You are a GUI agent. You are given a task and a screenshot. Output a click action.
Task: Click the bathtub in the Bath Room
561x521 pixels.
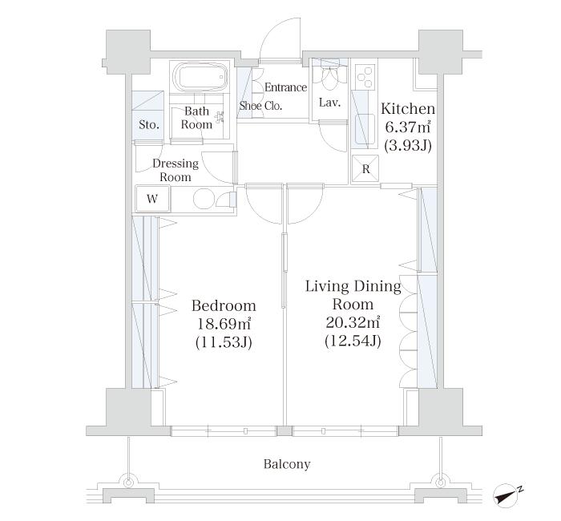(200, 77)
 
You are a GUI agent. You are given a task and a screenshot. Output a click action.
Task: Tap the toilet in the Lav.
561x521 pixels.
(330, 78)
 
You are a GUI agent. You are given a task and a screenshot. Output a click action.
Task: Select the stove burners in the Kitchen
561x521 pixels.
(365, 76)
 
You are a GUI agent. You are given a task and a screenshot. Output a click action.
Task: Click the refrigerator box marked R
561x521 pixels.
(365, 169)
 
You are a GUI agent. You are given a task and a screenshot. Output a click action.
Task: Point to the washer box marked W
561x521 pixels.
(153, 199)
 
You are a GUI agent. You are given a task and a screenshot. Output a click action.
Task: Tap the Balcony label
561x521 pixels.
(287, 464)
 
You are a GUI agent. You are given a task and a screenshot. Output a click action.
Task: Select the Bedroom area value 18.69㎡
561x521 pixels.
(224, 324)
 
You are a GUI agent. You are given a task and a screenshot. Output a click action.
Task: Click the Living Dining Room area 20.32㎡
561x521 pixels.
(353, 322)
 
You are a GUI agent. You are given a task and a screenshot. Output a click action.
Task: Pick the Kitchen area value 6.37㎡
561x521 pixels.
(408, 127)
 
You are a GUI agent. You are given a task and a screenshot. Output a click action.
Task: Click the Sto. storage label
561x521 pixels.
(149, 125)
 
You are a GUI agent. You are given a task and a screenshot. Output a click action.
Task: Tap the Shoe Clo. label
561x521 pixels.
(260, 106)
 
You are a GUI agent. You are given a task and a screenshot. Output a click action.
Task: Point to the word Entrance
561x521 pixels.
(285, 87)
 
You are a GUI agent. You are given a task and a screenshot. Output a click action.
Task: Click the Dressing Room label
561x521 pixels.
(176, 170)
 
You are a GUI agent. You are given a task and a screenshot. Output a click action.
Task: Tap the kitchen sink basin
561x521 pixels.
(365, 128)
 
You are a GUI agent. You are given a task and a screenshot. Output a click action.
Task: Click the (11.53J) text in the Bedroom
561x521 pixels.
(224, 343)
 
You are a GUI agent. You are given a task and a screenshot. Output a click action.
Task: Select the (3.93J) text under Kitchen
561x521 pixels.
(408, 145)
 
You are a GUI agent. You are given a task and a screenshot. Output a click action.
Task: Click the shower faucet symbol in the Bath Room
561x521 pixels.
(220, 116)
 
